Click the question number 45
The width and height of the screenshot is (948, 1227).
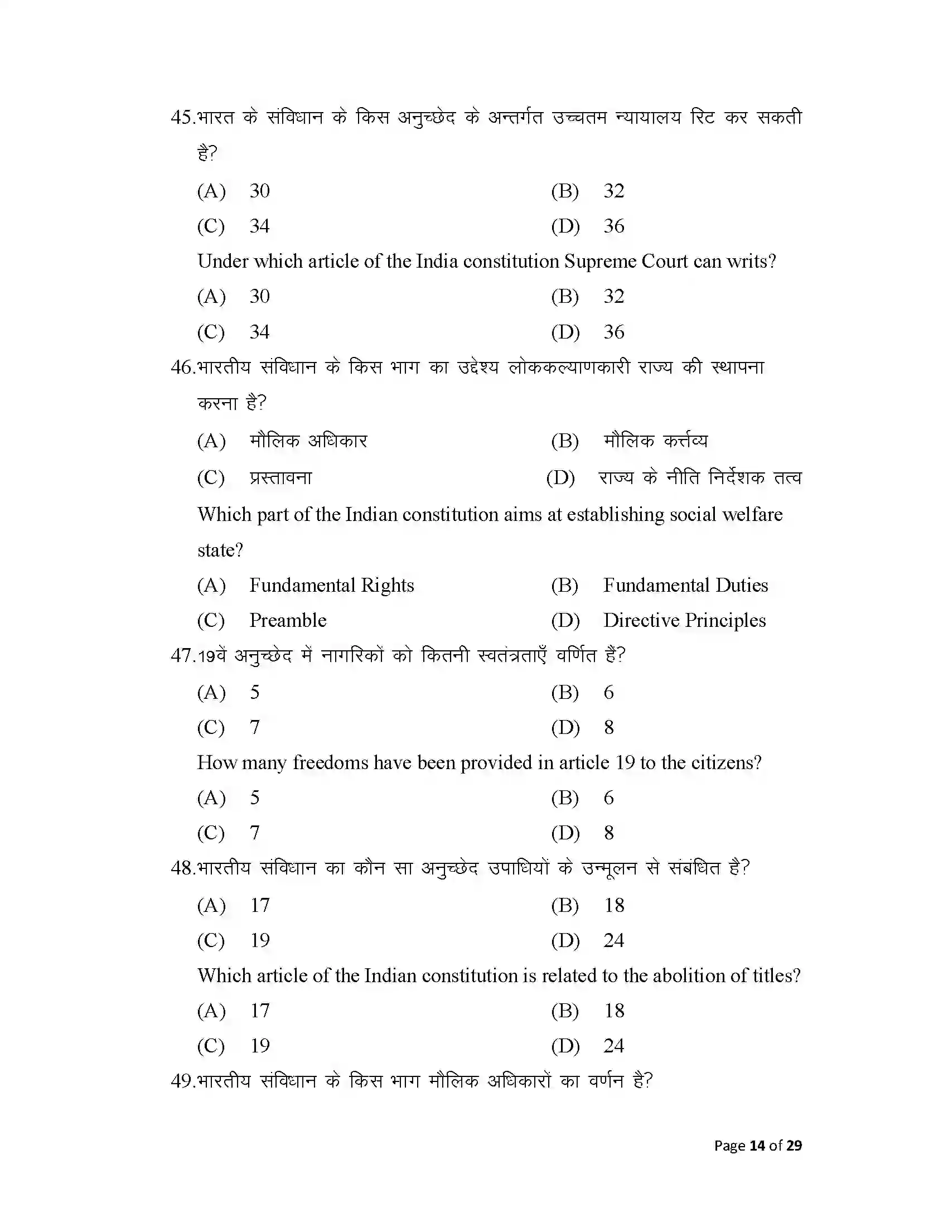[181, 118]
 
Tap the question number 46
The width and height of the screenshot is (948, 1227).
[181, 368]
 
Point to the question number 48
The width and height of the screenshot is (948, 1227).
[182, 868]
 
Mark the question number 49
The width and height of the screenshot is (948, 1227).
[182, 1081]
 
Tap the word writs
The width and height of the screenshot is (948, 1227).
[749, 262]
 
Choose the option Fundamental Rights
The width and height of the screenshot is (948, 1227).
[331, 586]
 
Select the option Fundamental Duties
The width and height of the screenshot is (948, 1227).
[685, 586]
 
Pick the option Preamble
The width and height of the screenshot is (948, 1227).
[288, 621]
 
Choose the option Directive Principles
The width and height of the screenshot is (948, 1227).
[684, 621]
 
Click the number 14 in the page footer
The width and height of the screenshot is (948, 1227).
[757, 1146]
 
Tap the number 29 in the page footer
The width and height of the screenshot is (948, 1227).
[794, 1146]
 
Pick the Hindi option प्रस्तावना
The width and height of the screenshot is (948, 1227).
[280, 478]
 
